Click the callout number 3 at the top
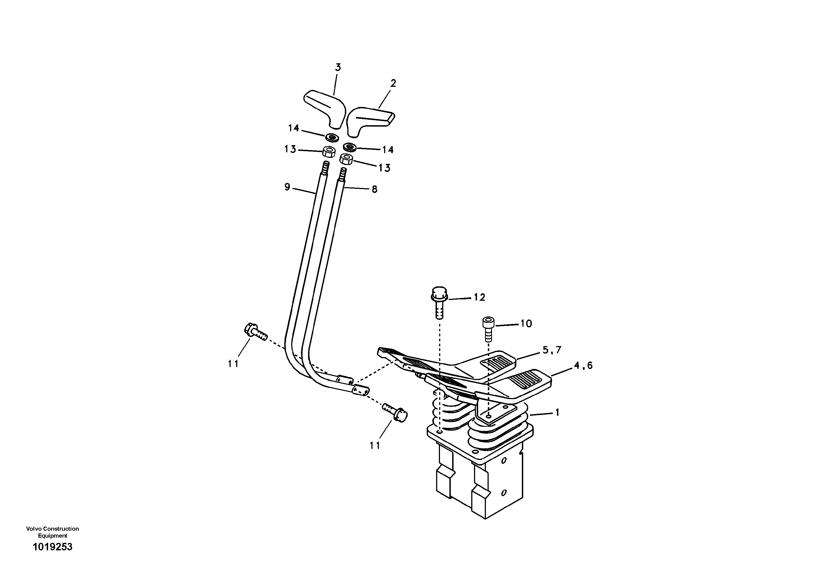(338, 67)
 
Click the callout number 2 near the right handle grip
(393, 83)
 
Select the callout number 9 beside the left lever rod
(287, 187)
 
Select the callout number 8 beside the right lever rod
(374, 189)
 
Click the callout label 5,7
(552, 350)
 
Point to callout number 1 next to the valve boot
(557, 413)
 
